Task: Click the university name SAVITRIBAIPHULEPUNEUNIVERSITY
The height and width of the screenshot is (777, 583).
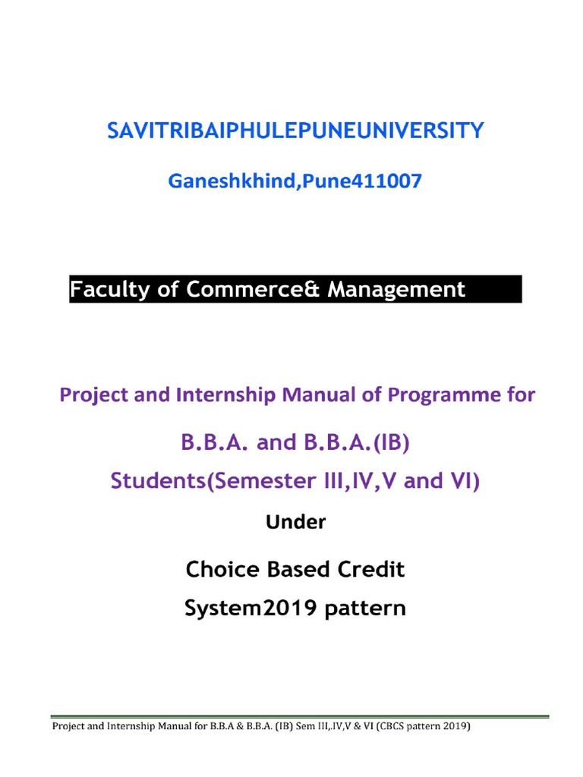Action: coord(295,131)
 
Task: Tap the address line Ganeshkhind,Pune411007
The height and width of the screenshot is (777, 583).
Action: coord(295,182)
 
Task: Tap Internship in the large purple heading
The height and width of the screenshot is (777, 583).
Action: coord(227,395)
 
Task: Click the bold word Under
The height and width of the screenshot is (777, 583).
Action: coord(296,522)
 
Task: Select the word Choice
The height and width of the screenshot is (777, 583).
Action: coord(222,570)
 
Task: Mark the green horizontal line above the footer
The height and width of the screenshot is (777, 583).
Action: coord(299,716)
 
